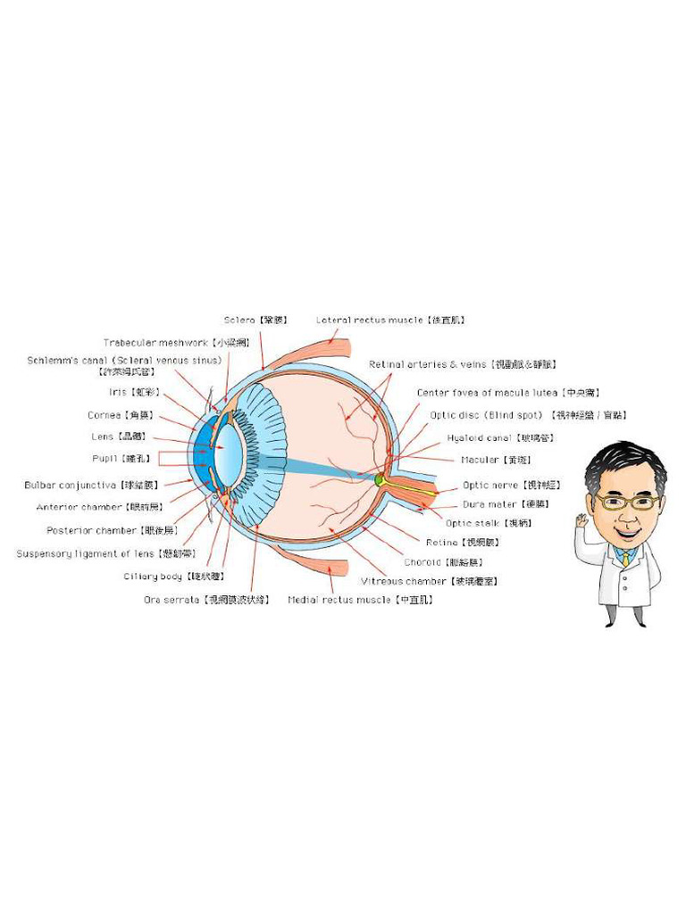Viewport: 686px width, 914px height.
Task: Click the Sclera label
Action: coord(255,320)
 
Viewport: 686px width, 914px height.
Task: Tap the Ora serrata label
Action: coord(206,600)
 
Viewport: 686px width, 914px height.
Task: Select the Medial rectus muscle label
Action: coord(360,600)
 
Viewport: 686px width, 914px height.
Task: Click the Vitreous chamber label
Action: coord(429,581)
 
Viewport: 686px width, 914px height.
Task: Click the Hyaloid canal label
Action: coord(490,438)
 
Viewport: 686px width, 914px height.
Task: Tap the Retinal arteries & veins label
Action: coord(463,364)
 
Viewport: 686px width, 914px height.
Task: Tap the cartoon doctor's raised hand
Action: coord(582,519)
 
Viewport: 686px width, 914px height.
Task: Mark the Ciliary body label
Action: coord(173,577)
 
